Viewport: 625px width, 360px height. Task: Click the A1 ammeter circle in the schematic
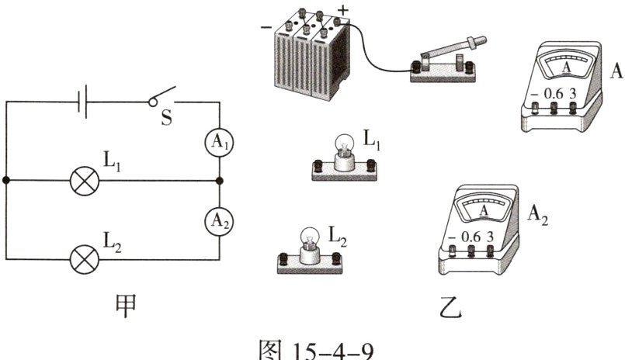pyautogui.click(x=219, y=142)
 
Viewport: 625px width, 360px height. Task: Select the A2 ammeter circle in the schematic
pyautogui.click(x=219, y=221)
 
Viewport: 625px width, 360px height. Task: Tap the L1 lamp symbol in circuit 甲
pyautogui.click(x=85, y=181)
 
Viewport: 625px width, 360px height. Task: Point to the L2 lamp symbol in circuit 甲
pyautogui.click(x=85, y=260)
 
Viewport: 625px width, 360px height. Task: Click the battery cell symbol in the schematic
pyautogui.click(x=82, y=102)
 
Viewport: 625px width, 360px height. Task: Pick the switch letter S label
pyautogui.click(x=167, y=118)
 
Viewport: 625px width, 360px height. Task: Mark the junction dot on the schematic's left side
pyautogui.click(x=6, y=181)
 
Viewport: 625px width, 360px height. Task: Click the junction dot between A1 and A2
pyautogui.click(x=219, y=181)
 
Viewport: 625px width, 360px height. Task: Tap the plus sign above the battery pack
pyautogui.click(x=343, y=10)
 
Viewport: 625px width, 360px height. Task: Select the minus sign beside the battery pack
pyautogui.click(x=266, y=27)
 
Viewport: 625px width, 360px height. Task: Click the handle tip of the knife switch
pyautogui.click(x=481, y=40)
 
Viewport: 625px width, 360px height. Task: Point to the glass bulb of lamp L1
pyautogui.click(x=344, y=144)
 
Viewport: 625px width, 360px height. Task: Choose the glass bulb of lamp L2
pyautogui.click(x=310, y=237)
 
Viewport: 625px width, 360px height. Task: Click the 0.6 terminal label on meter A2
pyautogui.click(x=470, y=237)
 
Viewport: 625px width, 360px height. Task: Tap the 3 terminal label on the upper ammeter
pyautogui.click(x=573, y=94)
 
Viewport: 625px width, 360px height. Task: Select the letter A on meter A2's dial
pyautogui.click(x=484, y=210)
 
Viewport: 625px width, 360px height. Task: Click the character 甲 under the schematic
pyautogui.click(x=126, y=306)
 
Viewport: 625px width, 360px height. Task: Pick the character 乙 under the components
pyautogui.click(x=451, y=307)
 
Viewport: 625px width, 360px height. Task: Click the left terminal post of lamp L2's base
pyautogui.click(x=283, y=258)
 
